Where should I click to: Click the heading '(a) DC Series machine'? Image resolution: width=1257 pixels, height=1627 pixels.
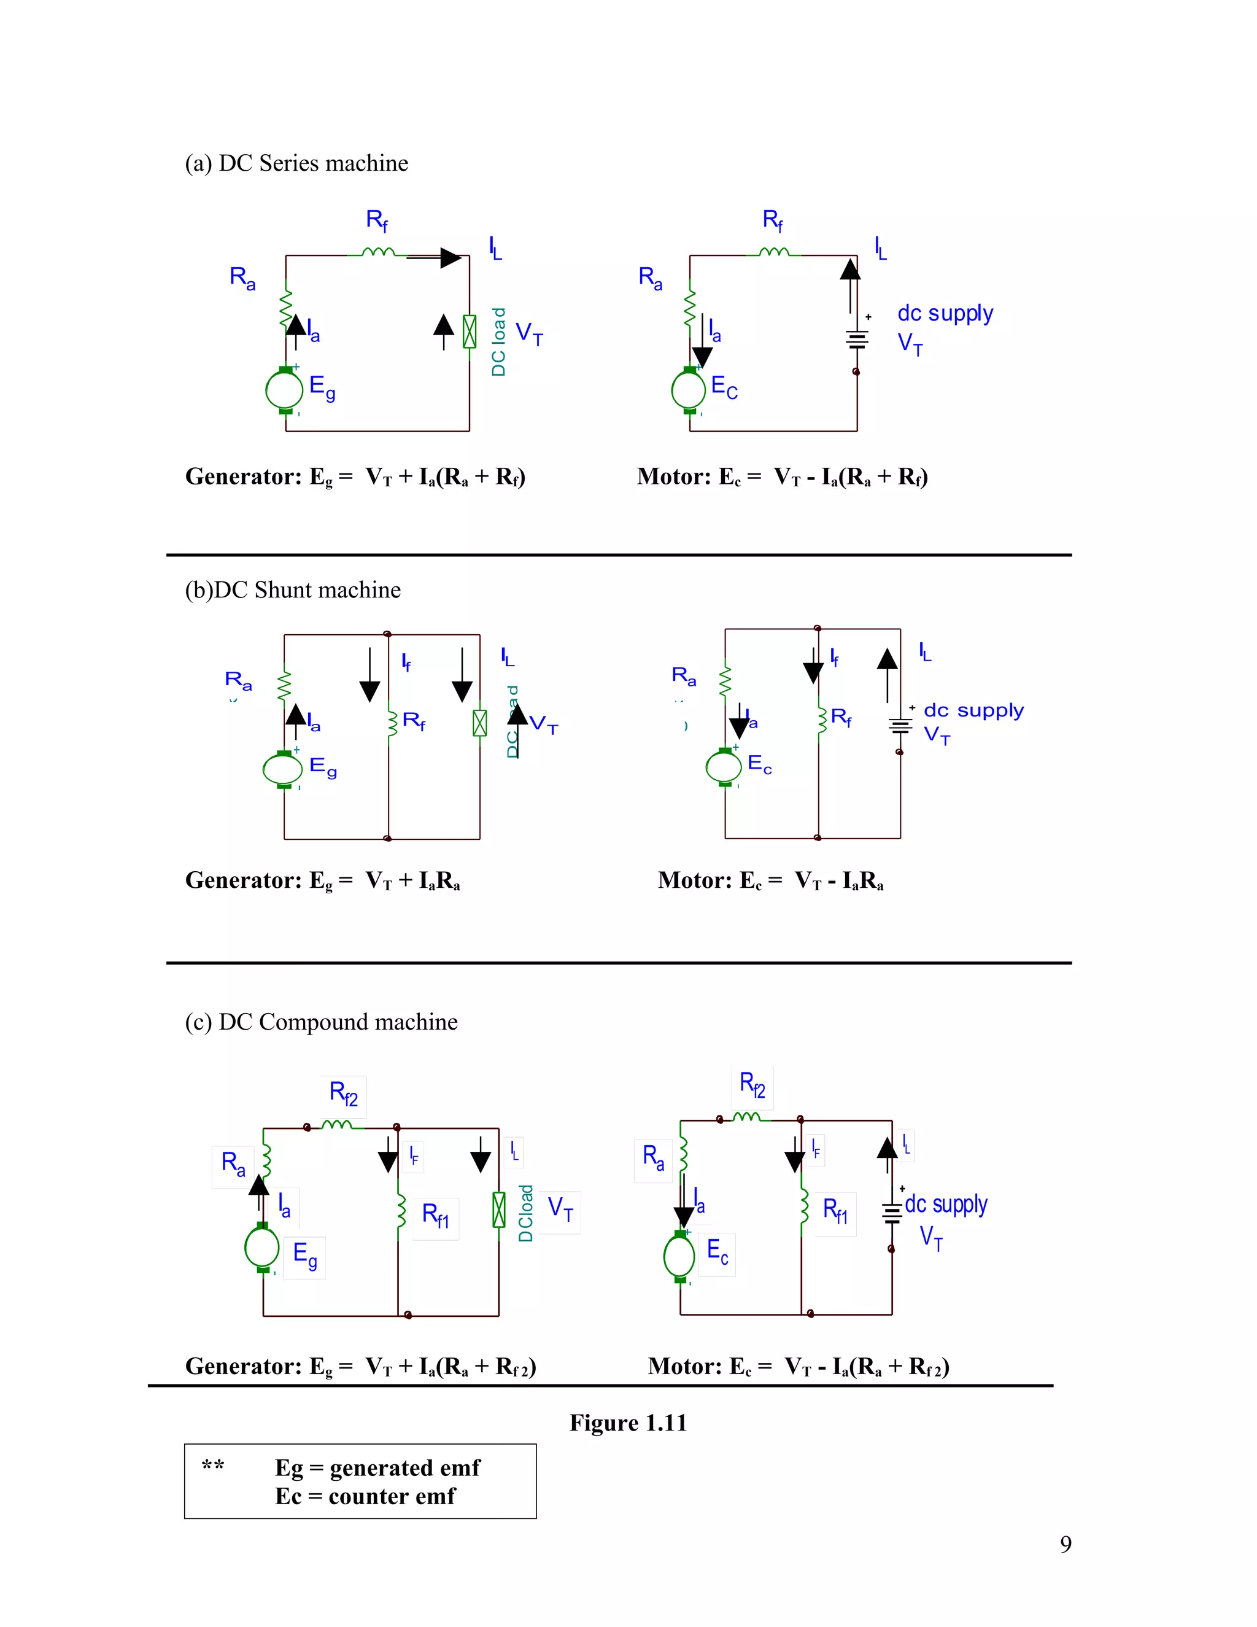(296, 163)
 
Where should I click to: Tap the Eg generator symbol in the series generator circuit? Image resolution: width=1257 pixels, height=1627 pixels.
(284, 389)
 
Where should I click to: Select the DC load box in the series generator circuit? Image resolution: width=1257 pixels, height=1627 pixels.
(469, 332)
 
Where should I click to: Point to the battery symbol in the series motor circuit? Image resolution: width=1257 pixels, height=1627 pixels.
(857, 340)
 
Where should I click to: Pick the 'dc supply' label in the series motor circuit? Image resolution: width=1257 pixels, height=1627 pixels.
(945, 313)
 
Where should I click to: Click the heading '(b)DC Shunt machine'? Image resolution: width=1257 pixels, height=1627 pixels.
(293, 590)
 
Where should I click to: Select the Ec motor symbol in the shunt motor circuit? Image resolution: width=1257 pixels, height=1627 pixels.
(724, 767)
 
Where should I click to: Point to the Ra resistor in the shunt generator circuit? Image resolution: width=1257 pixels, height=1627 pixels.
(284, 686)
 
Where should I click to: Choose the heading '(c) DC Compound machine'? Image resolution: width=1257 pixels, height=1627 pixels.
(321, 1022)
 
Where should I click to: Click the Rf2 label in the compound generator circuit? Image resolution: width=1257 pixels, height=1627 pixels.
(343, 1093)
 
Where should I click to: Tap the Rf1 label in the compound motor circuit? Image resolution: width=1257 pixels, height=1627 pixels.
(835, 1211)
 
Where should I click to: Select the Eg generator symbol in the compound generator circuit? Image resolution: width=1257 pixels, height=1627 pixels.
(262, 1247)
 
